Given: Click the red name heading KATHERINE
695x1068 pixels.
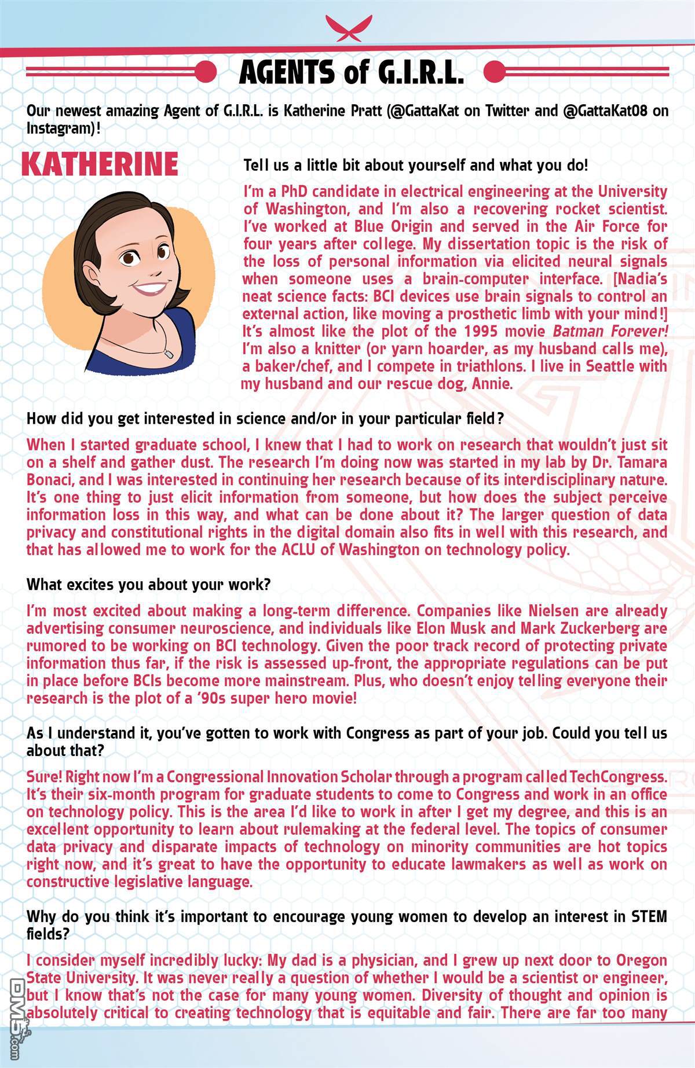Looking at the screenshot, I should click(x=100, y=164).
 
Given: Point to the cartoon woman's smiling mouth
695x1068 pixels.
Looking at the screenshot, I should click(x=151, y=291).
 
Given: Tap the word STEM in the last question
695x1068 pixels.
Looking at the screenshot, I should click(x=648, y=917).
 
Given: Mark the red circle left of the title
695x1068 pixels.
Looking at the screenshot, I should click(x=205, y=72).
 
